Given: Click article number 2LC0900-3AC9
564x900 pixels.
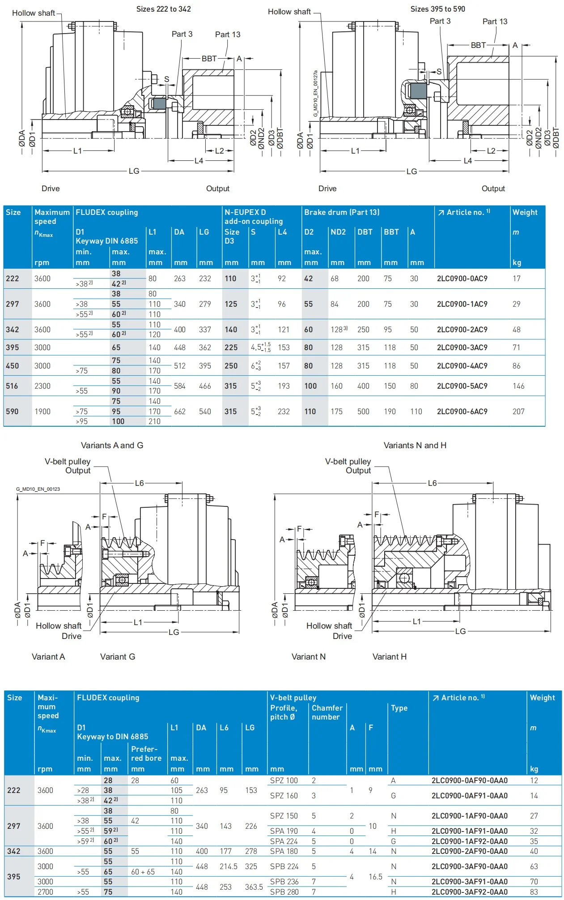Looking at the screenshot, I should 462,347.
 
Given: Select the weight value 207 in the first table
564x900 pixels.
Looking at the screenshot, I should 518,411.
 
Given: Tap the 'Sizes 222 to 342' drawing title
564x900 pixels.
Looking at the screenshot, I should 163,9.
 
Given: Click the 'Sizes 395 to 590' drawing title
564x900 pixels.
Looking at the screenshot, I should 437,9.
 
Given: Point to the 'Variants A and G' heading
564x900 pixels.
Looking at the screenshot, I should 112,446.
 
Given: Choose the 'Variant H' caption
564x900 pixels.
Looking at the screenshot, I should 389,657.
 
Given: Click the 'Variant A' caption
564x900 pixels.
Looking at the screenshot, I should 48,657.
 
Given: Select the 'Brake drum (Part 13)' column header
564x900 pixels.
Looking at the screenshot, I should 342,212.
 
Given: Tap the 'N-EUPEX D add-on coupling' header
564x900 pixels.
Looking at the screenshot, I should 253,217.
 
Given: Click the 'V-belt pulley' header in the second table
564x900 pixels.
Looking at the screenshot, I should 293,698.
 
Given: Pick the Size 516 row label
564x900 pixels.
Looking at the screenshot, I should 12,386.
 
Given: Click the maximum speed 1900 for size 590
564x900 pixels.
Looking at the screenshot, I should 42,411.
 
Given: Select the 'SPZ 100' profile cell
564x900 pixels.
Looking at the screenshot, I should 284,780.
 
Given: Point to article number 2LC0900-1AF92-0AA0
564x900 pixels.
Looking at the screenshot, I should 469,841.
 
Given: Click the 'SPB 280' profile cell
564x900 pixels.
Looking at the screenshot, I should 284,892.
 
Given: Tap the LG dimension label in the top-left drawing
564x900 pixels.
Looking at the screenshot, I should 134,171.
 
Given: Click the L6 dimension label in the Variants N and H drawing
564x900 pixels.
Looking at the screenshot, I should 432,483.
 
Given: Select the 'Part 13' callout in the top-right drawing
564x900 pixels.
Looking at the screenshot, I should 495,21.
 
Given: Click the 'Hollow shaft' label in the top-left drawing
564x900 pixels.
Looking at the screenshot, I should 34,13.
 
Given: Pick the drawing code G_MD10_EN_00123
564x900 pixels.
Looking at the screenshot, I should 38,489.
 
